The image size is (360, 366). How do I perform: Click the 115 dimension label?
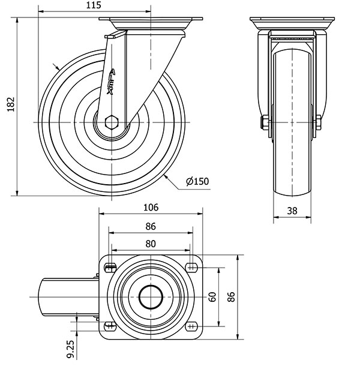pyautogui.click(x=92, y=5)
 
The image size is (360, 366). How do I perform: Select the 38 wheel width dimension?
pyautogui.click(x=292, y=210)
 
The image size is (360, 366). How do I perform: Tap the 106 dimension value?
pyautogui.click(x=151, y=208)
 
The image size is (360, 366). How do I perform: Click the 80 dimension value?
pyautogui.click(x=151, y=244)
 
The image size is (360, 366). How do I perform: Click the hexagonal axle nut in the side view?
pyautogui.click(x=111, y=122)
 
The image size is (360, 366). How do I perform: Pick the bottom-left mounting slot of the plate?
pyautogui.click(x=110, y=325)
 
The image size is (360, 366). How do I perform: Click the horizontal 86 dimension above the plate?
pyautogui.click(x=151, y=226)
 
